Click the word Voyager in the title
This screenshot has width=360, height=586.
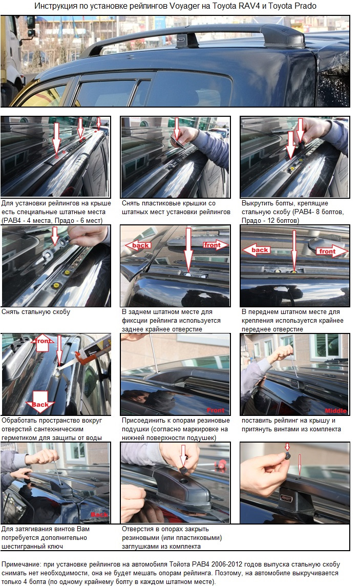click(184, 6)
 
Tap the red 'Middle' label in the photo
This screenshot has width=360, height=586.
click(336, 411)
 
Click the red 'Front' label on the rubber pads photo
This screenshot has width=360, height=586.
click(216, 410)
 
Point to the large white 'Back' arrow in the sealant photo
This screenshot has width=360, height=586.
click(40, 401)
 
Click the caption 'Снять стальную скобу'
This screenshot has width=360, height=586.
click(36, 311)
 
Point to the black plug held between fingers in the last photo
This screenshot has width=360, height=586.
click(288, 455)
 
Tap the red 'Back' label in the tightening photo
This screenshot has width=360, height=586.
click(99, 515)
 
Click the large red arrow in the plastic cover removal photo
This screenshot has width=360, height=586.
click(177, 130)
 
